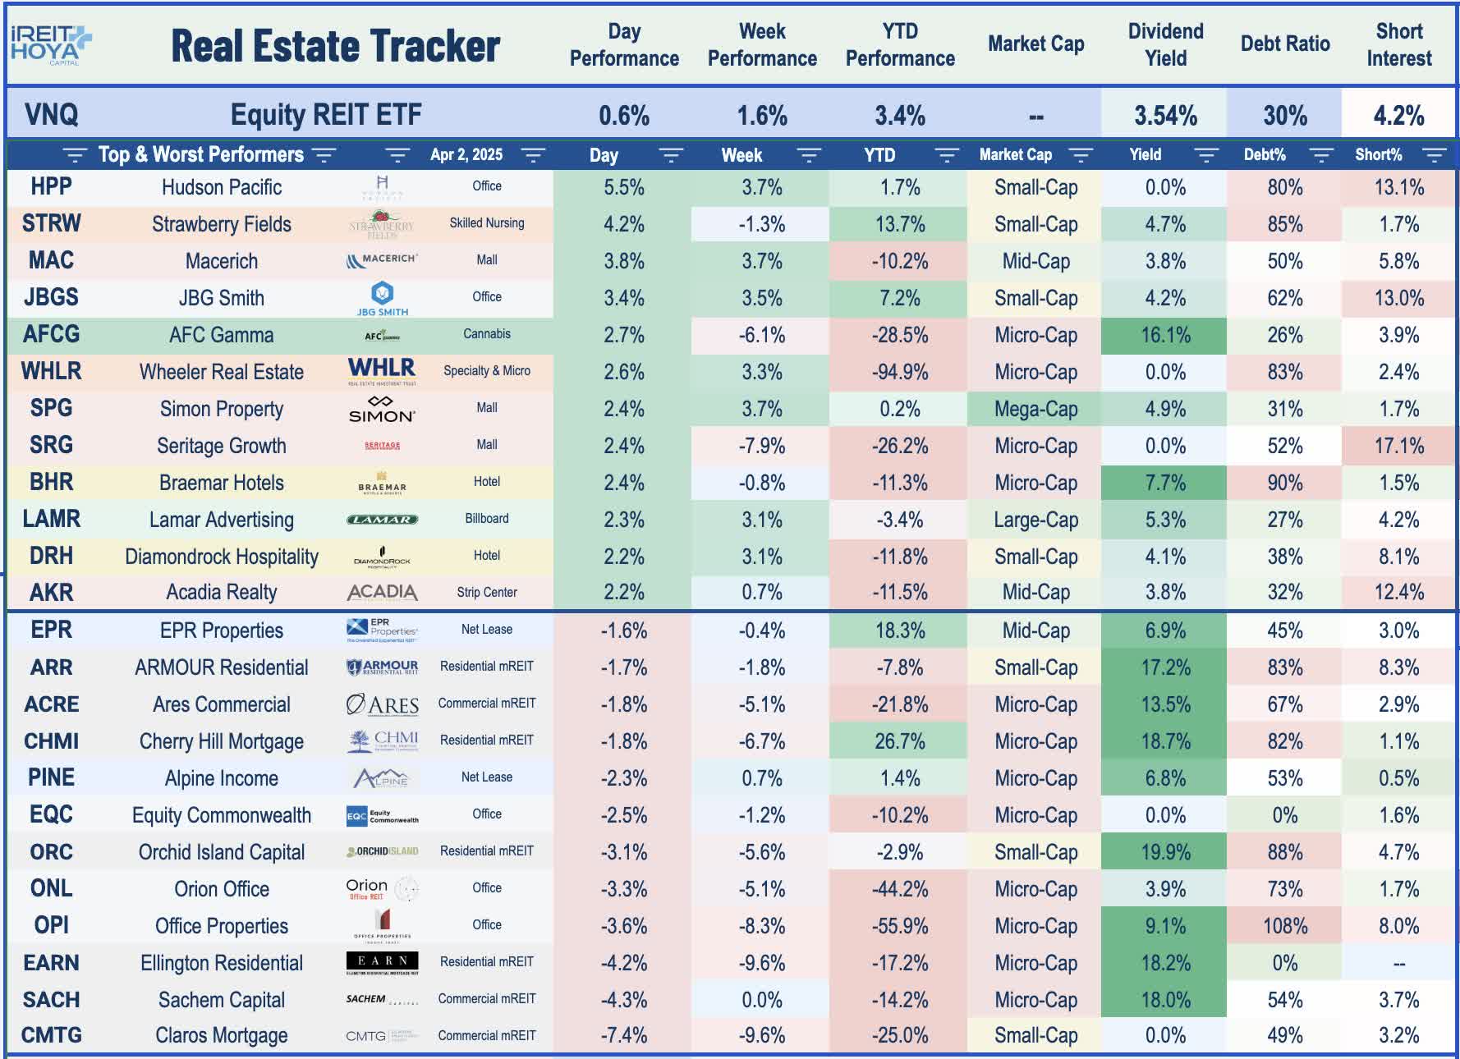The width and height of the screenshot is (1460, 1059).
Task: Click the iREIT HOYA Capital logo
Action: coord(50,44)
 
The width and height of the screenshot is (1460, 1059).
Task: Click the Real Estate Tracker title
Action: coord(335,46)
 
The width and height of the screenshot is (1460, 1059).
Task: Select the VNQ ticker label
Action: coord(51,115)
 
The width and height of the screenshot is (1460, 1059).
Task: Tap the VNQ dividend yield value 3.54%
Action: coord(1165,115)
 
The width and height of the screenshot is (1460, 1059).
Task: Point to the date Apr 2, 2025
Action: coord(466,155)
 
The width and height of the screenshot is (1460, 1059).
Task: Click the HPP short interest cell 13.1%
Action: coord(1398,187)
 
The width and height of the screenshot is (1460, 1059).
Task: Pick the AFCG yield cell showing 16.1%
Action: coord(1164,335)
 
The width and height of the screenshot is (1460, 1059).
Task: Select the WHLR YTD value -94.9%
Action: coord(900,372)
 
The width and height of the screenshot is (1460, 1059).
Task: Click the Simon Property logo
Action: coord(382,409)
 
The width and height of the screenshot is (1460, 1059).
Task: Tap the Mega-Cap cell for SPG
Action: coord(1035,409)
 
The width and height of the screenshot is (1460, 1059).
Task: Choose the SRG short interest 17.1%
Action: coord(1398,446)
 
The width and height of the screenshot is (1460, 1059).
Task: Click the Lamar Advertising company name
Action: coord(221,520)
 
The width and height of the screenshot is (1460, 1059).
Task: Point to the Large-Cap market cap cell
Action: coord(1035,520)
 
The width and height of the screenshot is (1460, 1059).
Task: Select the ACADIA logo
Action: coord(382,592)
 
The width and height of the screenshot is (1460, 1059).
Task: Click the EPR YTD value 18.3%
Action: coord(900,630)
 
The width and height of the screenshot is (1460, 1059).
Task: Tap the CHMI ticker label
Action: coord(51,741)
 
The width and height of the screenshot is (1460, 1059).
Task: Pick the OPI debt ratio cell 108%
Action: coord(1284,926)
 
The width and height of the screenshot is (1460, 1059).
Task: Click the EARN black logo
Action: coord(382,962)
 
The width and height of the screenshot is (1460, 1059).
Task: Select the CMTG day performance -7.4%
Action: coord(623,1035)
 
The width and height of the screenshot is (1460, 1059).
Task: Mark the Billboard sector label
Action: coord(486,519)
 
